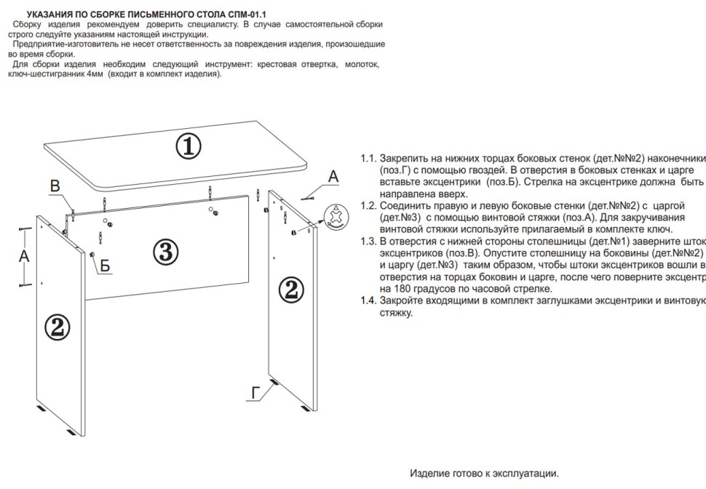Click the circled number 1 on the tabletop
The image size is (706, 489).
click(x=188, y=147)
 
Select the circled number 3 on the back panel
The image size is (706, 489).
click(x=165, y=252)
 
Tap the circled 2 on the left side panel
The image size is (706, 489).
click(x=57, y=327)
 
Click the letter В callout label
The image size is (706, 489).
click(x=55, y=187)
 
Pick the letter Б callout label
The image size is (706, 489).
click(x=106, y=266)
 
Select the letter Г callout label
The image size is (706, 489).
click(x=255, y=394)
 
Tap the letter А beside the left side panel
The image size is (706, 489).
click(x=24, y=256)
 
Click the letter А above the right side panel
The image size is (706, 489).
click(x=333, y=176)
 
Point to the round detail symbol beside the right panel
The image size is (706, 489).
click(x=336, y=217)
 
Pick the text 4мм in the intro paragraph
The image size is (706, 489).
click(x=93, y=74)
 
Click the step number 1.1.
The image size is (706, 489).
click(x=369, y=159)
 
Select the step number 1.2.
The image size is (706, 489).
click(x=369, y=206)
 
